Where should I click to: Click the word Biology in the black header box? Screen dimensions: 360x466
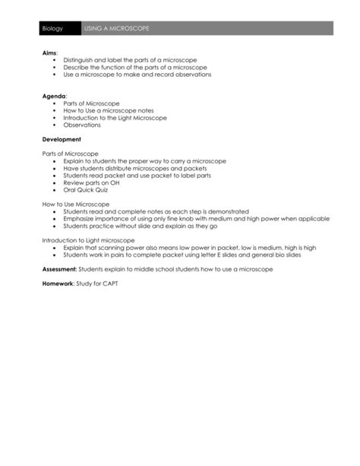[52, 28]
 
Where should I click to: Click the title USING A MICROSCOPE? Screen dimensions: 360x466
[118, 28]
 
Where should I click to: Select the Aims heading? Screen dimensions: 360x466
[49, 52]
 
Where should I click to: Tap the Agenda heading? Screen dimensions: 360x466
[52, 96]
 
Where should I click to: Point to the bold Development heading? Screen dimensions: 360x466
[62, 139]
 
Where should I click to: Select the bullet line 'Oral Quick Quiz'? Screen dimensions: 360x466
[86, 190]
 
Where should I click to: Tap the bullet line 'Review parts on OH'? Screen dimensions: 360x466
[90, 182]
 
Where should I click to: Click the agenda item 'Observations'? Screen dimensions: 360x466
[82, 125]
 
